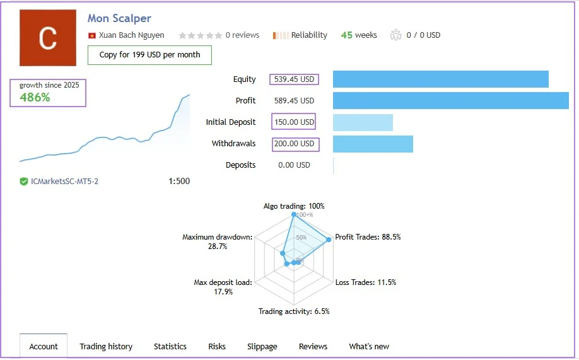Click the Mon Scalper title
119,18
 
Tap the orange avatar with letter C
48,38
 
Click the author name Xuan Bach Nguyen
131,35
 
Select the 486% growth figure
35,97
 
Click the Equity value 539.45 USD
294,79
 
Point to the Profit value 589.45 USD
294,101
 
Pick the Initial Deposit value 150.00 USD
294,122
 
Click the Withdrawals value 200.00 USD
294,144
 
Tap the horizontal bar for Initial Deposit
363,122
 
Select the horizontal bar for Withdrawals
373,144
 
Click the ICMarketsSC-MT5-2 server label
64,182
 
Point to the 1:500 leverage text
179,182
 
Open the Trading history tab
106,346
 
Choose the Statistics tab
170,346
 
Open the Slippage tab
262,346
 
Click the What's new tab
369,346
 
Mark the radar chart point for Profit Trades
329,240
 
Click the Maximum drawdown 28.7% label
217,241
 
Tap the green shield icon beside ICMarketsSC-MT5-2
24,182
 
